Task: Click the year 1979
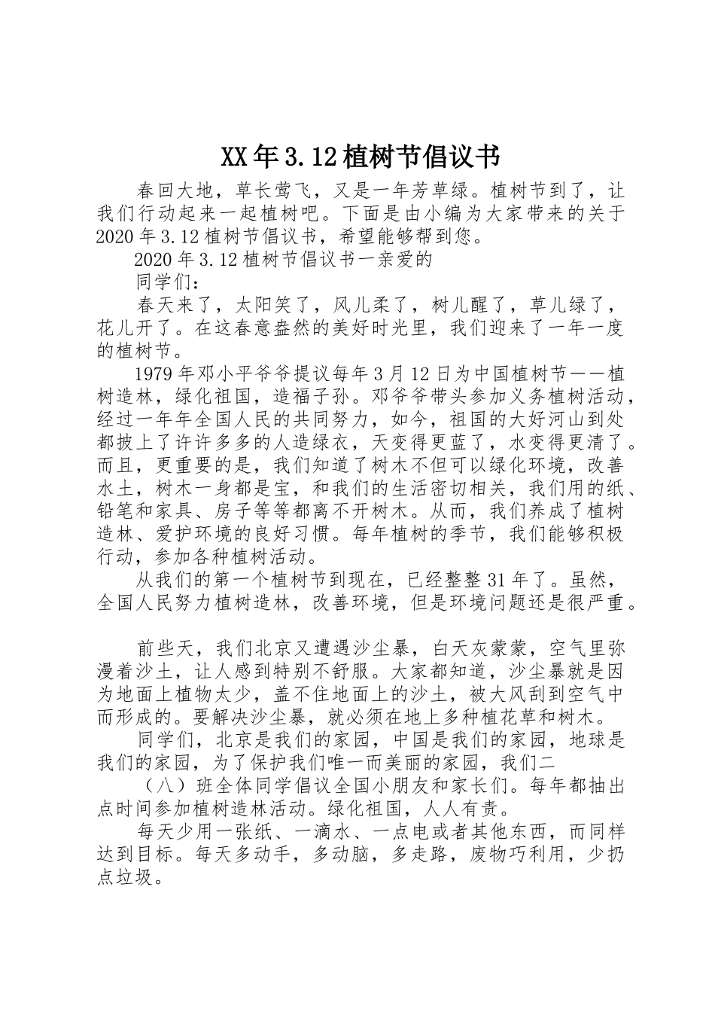pyautogui.click(x=154, y=374)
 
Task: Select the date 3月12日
pyautogui.click(x=409, y=374)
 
